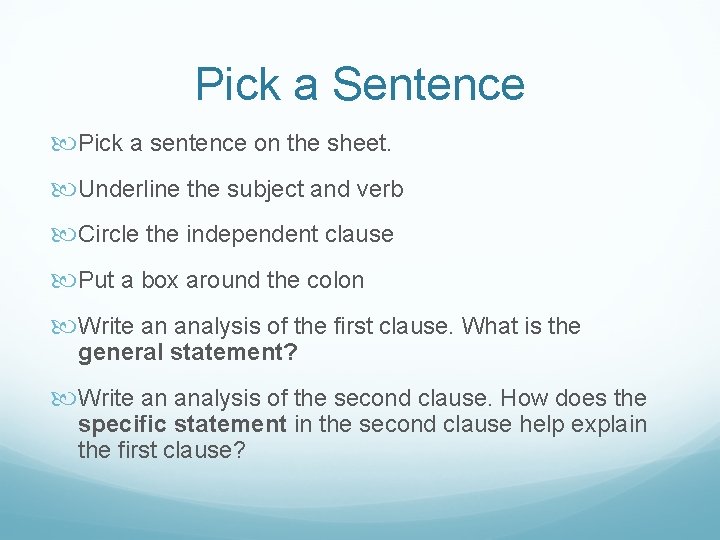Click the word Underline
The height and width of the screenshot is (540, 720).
tap(128, 189)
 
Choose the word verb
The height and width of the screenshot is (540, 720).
tap(380, 189)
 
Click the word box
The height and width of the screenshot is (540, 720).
tap(158, 281)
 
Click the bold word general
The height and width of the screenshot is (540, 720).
tap(118, 351)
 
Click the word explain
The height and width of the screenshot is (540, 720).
tap(611, 423)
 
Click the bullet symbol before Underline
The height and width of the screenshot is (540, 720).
tap(67, 190)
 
